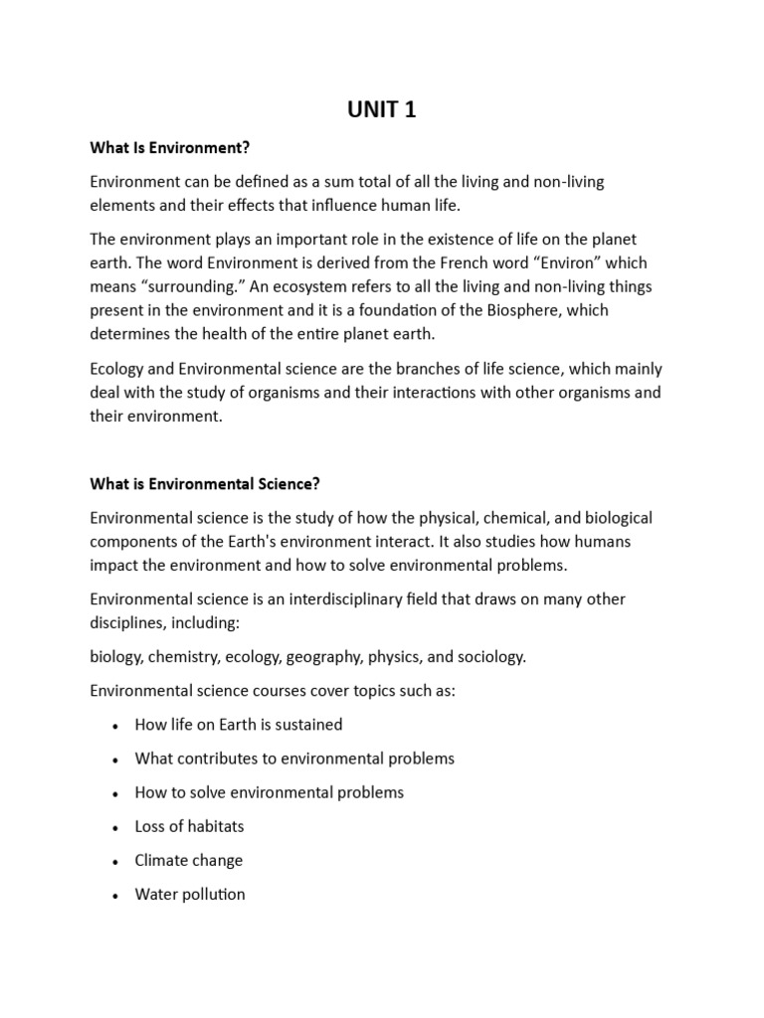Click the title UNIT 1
382,110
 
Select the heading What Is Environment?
169,148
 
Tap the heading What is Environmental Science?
205,483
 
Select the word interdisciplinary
333,598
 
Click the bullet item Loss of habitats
189,826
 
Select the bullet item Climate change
189,860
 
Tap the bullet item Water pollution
190,894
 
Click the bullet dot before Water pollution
117,895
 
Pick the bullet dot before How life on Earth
117,725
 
